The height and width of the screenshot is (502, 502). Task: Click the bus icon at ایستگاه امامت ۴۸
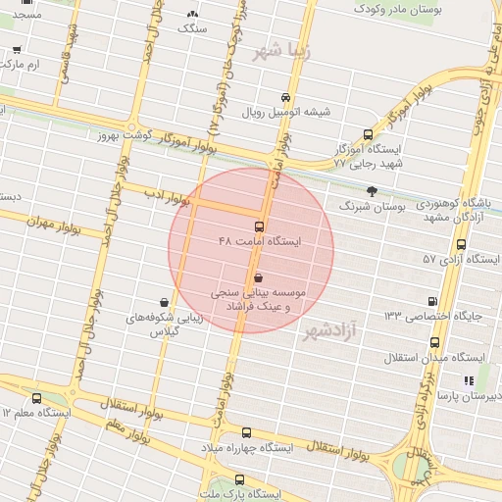[x=259, y=226]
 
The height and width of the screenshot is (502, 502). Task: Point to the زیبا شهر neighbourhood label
[x=282, y=52]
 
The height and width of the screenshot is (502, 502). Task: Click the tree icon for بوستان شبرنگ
[x=371, y=191]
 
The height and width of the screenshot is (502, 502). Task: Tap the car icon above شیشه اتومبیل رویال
[x=285, y=98]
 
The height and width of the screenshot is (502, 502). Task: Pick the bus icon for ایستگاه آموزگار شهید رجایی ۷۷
[x=368, y=135]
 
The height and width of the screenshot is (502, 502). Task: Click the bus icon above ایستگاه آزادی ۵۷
[x=461, y=244]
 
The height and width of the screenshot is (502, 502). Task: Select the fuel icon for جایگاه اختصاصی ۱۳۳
[x=432, y=301]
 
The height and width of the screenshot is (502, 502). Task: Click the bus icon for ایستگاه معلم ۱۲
[x=37, y=398]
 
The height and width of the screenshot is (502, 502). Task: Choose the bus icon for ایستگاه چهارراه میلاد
[x=246, y=432]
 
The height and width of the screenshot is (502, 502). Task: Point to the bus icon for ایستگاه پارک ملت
[x=240, y=479]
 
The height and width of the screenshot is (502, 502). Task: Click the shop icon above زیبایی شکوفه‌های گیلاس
[x=163, y=302]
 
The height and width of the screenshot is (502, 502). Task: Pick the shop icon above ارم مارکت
[x=17, y=49]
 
